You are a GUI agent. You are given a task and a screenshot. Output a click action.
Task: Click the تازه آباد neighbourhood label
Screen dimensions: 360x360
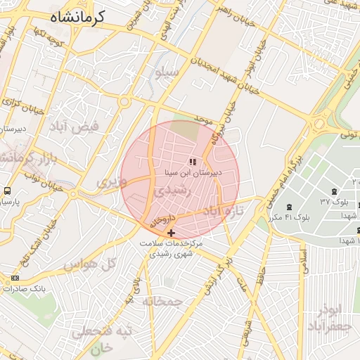pos(223,211)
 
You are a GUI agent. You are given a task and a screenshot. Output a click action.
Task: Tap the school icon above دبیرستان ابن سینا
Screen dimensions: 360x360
pos(193,162)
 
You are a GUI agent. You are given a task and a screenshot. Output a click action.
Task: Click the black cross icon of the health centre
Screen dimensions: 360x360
pos(172,233)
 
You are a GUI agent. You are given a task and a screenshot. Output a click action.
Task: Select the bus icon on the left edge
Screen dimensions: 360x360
pos(7,191)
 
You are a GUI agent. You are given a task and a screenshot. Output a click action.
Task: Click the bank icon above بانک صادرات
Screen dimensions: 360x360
pos(15,278)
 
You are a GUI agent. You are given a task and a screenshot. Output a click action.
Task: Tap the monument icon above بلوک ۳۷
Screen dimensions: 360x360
pos(333,191)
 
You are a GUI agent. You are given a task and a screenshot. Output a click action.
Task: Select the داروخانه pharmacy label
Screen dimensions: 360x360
pos(162,221)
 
